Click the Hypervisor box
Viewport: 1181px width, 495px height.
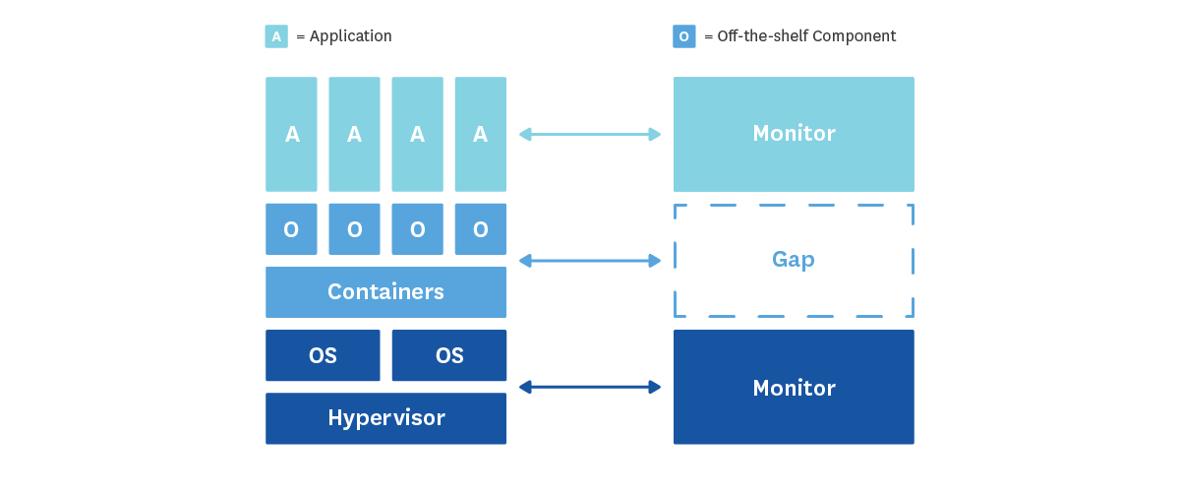pyautogui.click(x=385, y=418)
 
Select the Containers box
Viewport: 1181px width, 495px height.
pyautogui.click(x=385, y=292)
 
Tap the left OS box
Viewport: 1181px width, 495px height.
pyautogui.click(x=323, y=355)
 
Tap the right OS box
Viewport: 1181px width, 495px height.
pyautogui.click(x=448, y=355)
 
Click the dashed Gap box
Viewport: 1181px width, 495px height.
pyautogui.click(x=794, y=261)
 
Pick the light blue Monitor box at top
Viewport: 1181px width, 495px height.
pyautogui.click(x=794, y=134)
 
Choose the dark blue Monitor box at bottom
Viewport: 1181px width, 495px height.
pyautogui.click(x=794, y=388)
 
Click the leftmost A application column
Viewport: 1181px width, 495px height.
pyautogui.click(x=291, y=134)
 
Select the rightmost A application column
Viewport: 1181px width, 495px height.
pyautogui.click(x=480, y=134)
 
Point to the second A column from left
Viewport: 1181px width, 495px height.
pyautogui.click(x=354, y=134)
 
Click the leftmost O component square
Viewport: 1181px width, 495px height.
pyautogui.click(x=291, y=229)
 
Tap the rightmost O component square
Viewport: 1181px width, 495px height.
pyautogui.click(x=480, y=229)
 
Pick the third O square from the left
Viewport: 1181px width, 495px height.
pyautogui.click(x=417, y=229)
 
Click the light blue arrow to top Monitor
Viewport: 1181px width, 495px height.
pyautogui.click(x=590, y=134)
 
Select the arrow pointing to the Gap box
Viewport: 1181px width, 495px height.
pyautogui.click(x=590, y=261)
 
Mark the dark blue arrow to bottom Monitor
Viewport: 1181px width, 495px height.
pyautogui.click(x=590, y=388)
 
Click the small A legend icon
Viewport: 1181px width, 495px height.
pyautogui.click(x=276, y=36)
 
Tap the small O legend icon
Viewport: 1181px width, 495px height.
pyautogui.click(x=684, y=36)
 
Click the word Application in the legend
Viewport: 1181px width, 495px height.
pyautogui.click(x=350, y=36)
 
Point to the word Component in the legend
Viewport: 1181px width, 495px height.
pyautogui.click(x=857, y=36)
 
